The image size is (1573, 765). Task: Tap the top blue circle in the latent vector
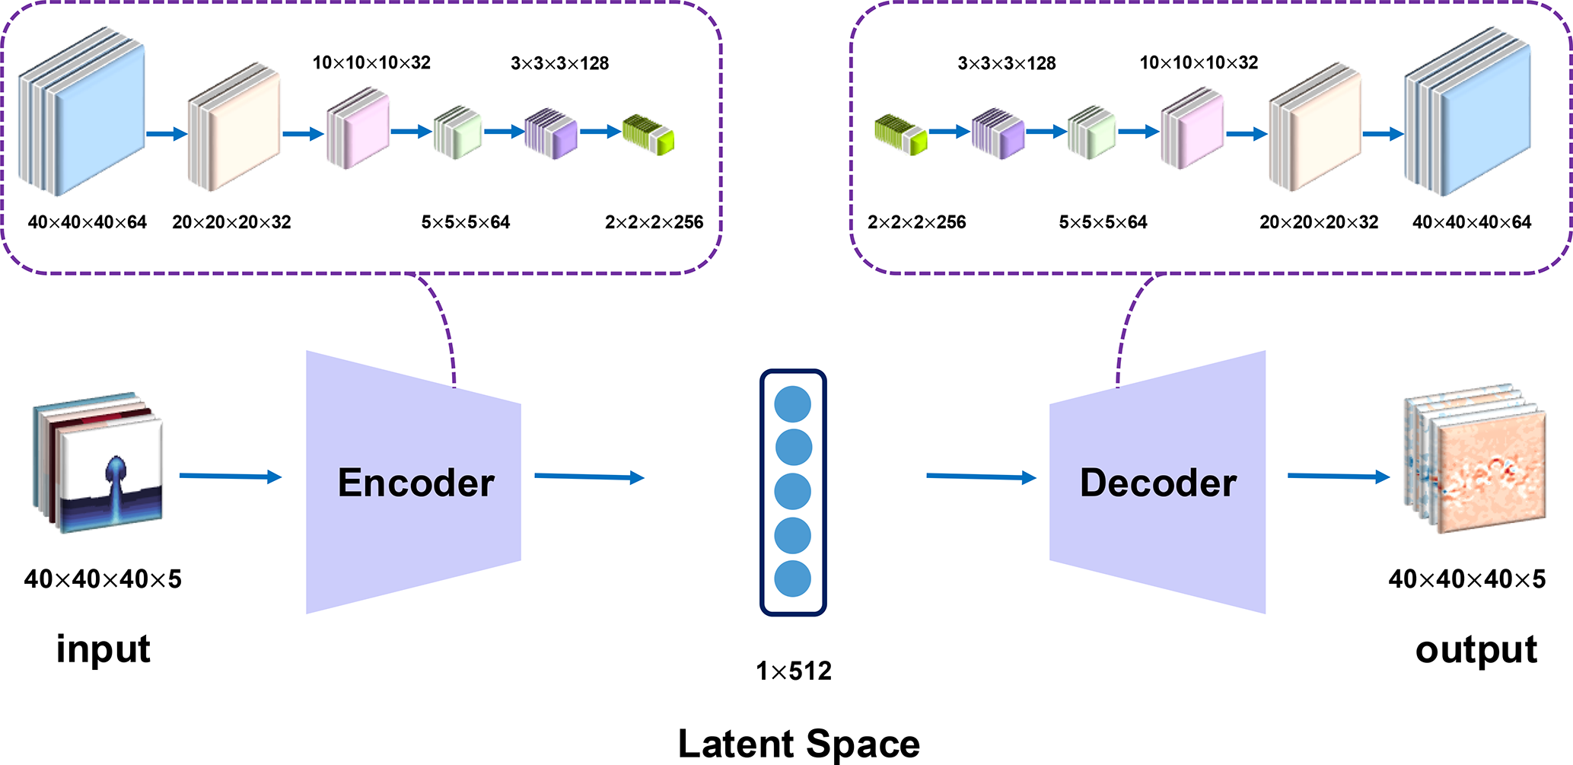[792, 404]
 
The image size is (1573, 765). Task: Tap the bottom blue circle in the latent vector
[792, 579]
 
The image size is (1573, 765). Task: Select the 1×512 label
[793, 671]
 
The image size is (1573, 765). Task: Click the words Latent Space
[798, 744]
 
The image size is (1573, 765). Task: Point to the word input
[103, 649]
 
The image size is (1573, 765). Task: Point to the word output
[1476, 650]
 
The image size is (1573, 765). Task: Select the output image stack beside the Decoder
[1474, 461]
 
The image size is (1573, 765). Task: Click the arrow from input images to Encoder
[230, 477]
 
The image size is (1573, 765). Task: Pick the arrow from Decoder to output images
[1338, 477]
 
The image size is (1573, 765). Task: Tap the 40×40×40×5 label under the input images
[103, 579]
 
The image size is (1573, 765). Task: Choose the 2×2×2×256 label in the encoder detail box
[654, 222]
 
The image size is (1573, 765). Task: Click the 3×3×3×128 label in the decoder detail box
[1006, 63]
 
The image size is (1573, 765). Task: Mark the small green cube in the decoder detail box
[900, 134]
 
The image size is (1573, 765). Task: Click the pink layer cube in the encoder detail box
[358, 128]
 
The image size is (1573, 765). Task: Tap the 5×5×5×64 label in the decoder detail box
[1103, 222]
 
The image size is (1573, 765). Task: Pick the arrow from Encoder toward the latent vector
[589, 477]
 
